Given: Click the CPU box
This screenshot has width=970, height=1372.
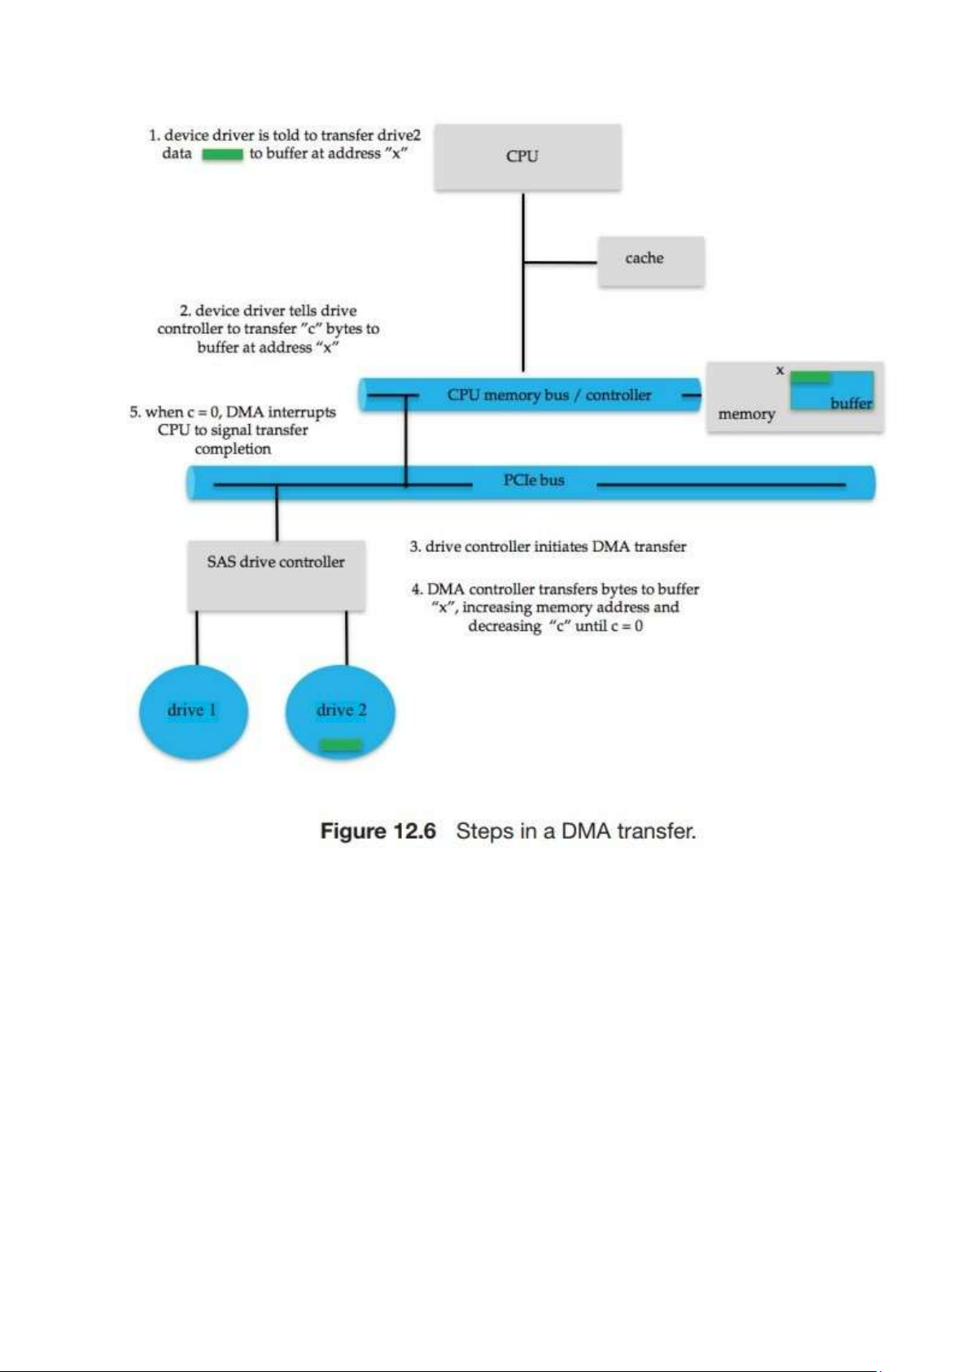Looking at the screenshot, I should pos(527,156).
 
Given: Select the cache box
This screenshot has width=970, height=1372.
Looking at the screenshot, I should pos(650,261).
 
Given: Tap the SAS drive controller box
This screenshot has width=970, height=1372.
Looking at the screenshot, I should pos(276,575).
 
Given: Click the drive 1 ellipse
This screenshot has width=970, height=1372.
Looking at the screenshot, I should pos(193,711).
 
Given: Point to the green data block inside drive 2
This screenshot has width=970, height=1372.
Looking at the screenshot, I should pos(341,744).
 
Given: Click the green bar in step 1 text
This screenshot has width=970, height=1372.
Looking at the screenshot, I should pos(222,154).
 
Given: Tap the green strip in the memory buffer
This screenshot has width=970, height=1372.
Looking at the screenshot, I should pos(811,377).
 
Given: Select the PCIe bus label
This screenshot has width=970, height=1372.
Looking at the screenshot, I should pos(534,480).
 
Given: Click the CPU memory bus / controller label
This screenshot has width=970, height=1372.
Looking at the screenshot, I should pos(549,395).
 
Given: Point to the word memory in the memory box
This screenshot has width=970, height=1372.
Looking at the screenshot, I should pos(746,414).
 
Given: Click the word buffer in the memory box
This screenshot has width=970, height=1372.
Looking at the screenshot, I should pos(851,403).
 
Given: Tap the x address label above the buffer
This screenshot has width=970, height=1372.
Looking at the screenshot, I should pos(780,370).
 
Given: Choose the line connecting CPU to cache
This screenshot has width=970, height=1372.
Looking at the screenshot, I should pos(561,262).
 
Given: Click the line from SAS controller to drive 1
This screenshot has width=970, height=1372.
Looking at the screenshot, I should pos(197,638).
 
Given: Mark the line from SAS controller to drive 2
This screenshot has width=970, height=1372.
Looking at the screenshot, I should pos(347,638).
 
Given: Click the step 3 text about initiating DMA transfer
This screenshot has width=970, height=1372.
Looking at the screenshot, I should pos(548,546).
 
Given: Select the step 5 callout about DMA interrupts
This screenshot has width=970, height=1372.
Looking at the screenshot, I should pos(233,430).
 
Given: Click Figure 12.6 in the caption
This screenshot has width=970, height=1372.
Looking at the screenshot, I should pos(378,831).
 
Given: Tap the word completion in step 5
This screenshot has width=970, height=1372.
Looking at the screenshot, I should pos(233,449).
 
